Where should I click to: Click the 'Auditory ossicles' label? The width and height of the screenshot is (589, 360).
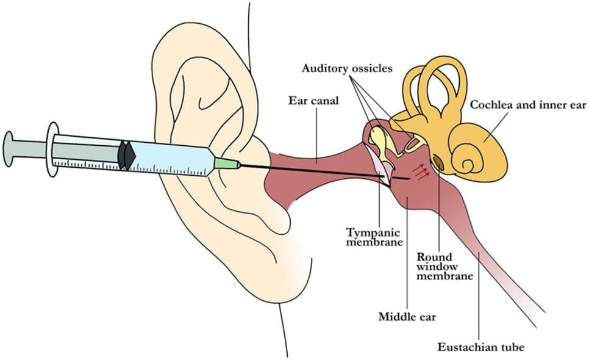tap(347, 68)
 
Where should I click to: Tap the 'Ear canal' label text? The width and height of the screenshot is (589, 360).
tap(313, 100)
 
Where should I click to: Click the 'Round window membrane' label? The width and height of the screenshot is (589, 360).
tap(444, 266)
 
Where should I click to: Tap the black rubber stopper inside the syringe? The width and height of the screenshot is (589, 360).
tap(126, 155)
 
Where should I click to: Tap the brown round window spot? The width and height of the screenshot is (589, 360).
tap(438, 162)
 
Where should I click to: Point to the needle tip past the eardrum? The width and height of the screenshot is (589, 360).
tap(408, 179)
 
